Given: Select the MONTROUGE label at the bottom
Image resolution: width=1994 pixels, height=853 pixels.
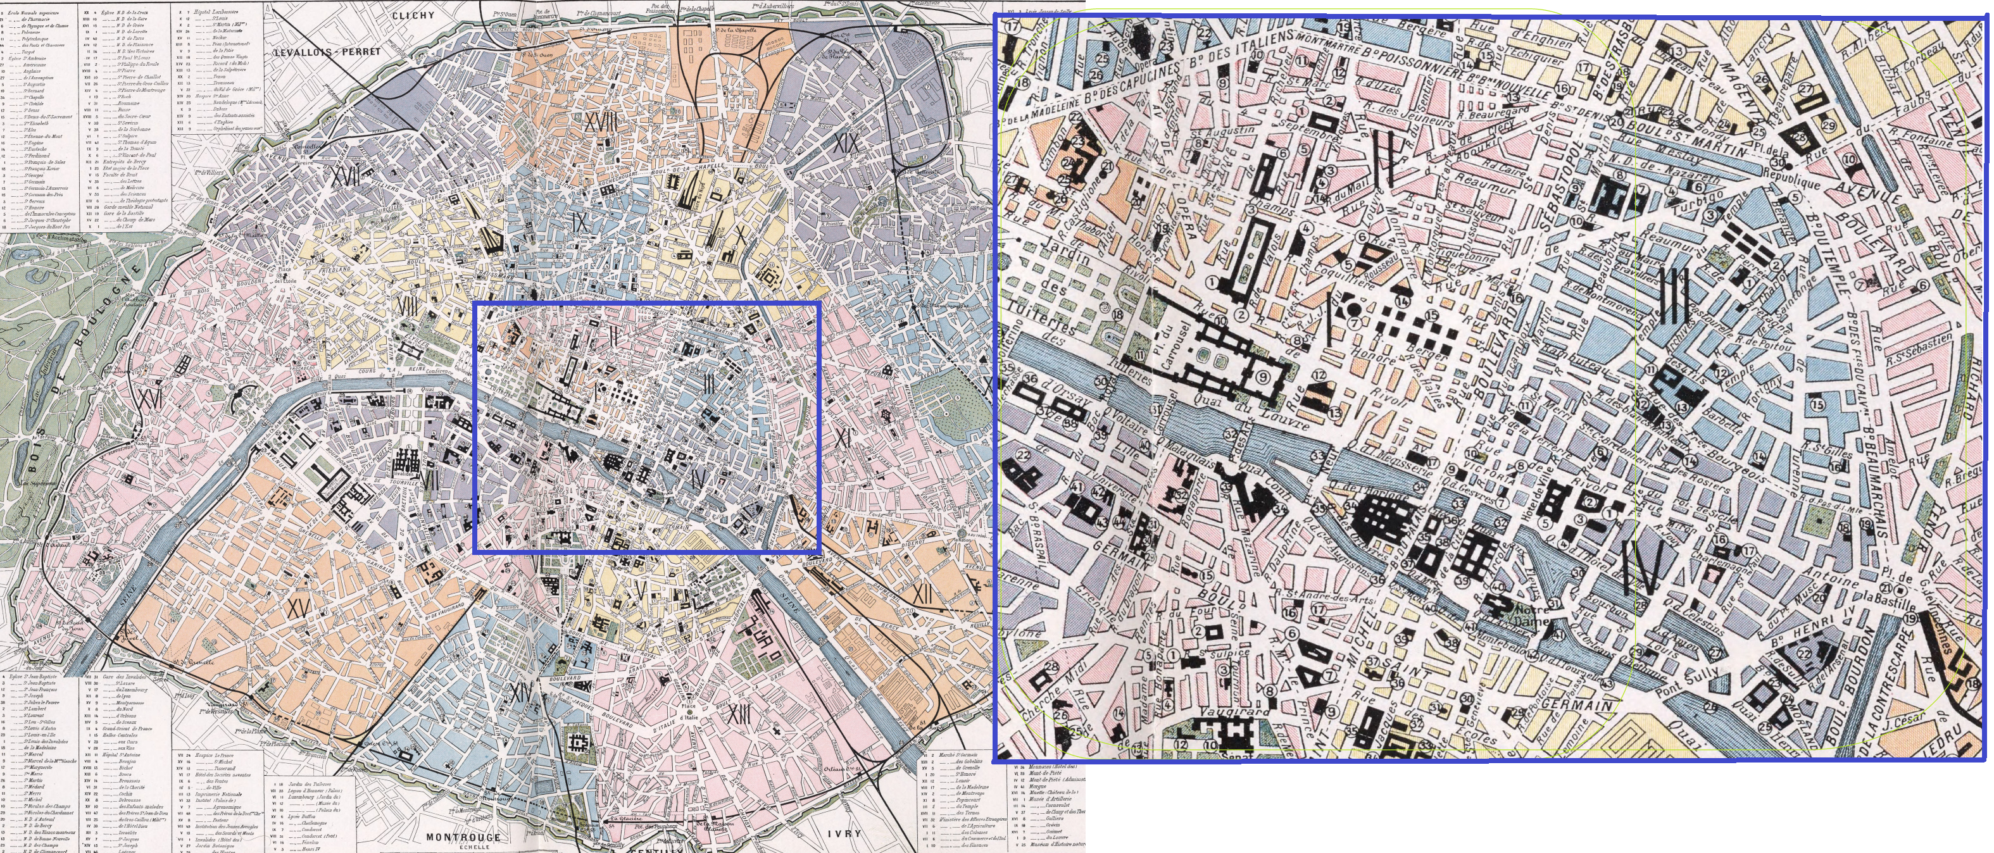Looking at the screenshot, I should click(463, 837).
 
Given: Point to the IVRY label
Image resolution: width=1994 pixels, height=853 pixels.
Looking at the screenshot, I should click(843, 833).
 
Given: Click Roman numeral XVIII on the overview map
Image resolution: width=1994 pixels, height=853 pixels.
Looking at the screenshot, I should click(601, 121).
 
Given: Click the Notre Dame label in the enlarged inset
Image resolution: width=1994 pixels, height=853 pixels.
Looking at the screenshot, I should click(1531, 614).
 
